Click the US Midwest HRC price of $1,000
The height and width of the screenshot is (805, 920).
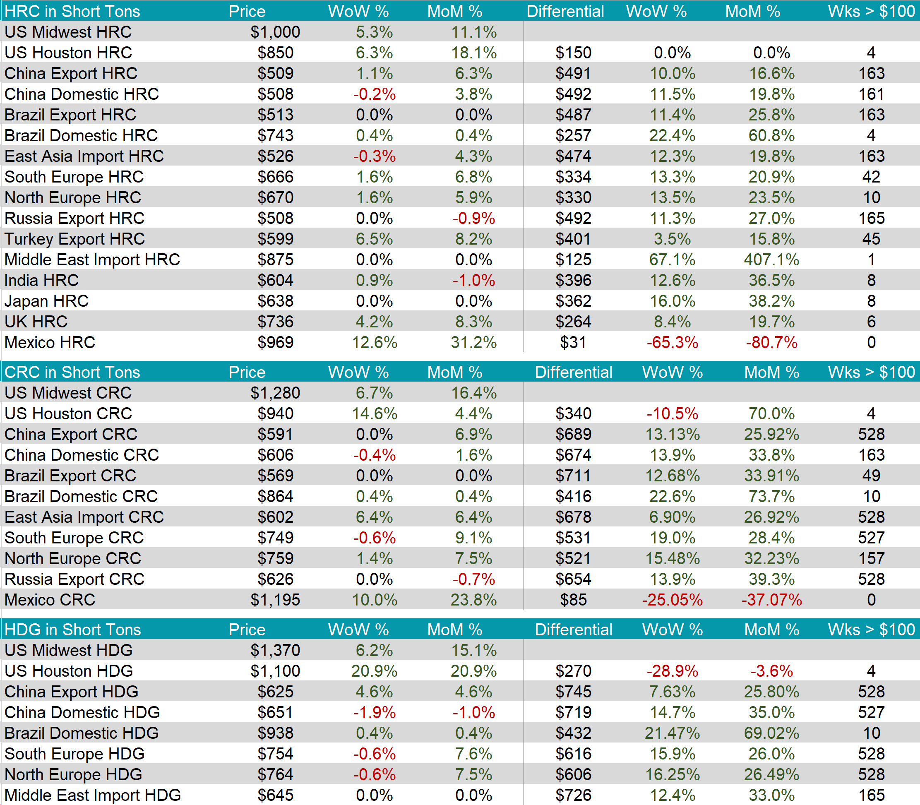(x=275, y=32)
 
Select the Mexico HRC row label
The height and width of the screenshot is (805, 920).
(x=50, y=342)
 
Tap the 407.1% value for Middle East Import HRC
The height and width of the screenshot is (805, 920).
(x=771, y=260)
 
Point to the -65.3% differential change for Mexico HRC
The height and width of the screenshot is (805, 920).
(x=672, y=342)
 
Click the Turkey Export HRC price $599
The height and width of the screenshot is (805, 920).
(x=275, y=239)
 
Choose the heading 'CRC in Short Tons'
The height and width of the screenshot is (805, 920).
(x=72, y=372)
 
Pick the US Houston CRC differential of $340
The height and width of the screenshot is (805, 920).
(x=573, y=413)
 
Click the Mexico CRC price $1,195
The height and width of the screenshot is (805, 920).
(x=275, y=600)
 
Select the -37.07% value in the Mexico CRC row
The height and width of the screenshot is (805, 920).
(x=771, y=600)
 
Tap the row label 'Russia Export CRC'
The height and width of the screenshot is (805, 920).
(x=74, y=579)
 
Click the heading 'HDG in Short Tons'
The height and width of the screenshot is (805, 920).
(x=73, y=630)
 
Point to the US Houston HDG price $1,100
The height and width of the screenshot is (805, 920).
(x=275, y=670)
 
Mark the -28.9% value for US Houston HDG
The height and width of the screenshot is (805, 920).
(x=672, y=670)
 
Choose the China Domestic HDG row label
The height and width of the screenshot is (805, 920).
(x=82, y=712)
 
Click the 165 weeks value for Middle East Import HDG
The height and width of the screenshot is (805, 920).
(x=871, y=795)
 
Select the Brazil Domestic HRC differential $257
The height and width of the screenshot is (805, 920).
(x=573, y=135)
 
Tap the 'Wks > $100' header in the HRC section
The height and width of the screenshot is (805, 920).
(x=871, y=11)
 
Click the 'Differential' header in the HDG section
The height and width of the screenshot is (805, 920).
(x=573, y=630)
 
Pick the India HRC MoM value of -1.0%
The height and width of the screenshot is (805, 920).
(x=473, y=280)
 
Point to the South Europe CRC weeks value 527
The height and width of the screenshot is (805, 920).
(x=871, y=538)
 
